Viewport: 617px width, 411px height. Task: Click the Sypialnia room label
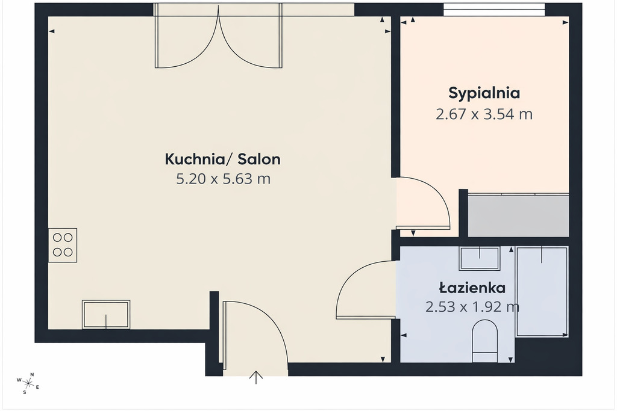point(484,93)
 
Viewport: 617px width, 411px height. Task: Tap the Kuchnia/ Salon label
point(223,159)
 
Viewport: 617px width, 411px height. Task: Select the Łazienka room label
point(472,288)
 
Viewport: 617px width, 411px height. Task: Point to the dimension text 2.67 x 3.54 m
point(484,114)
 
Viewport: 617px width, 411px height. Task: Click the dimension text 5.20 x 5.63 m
point(223,179)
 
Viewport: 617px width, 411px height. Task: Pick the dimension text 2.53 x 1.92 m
point(472,306)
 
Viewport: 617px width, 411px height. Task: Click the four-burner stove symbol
point(63,245)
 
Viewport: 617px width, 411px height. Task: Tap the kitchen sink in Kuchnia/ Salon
point(106,314)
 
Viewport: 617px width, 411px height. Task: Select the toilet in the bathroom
point(485,341)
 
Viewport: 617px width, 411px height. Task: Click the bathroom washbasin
point(480,258)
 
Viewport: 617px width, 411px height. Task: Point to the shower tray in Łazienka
point(542,291)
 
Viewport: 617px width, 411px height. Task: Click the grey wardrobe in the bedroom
point(518,215)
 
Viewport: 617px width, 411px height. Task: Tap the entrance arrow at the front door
point(256,377)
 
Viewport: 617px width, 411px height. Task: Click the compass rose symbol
point(28,382)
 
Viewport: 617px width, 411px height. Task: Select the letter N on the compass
point(33,374)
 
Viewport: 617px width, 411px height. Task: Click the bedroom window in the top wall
point(494,10)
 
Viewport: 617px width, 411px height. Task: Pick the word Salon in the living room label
point(259,159)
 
